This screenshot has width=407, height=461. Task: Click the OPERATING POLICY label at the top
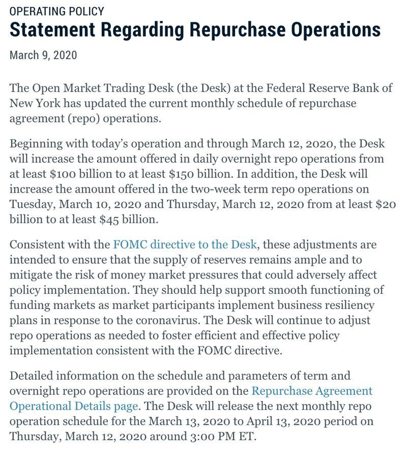56,11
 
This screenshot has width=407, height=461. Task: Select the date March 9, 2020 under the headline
43,55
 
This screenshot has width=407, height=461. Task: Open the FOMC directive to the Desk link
185,244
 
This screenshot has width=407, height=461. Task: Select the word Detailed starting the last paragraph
32,376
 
